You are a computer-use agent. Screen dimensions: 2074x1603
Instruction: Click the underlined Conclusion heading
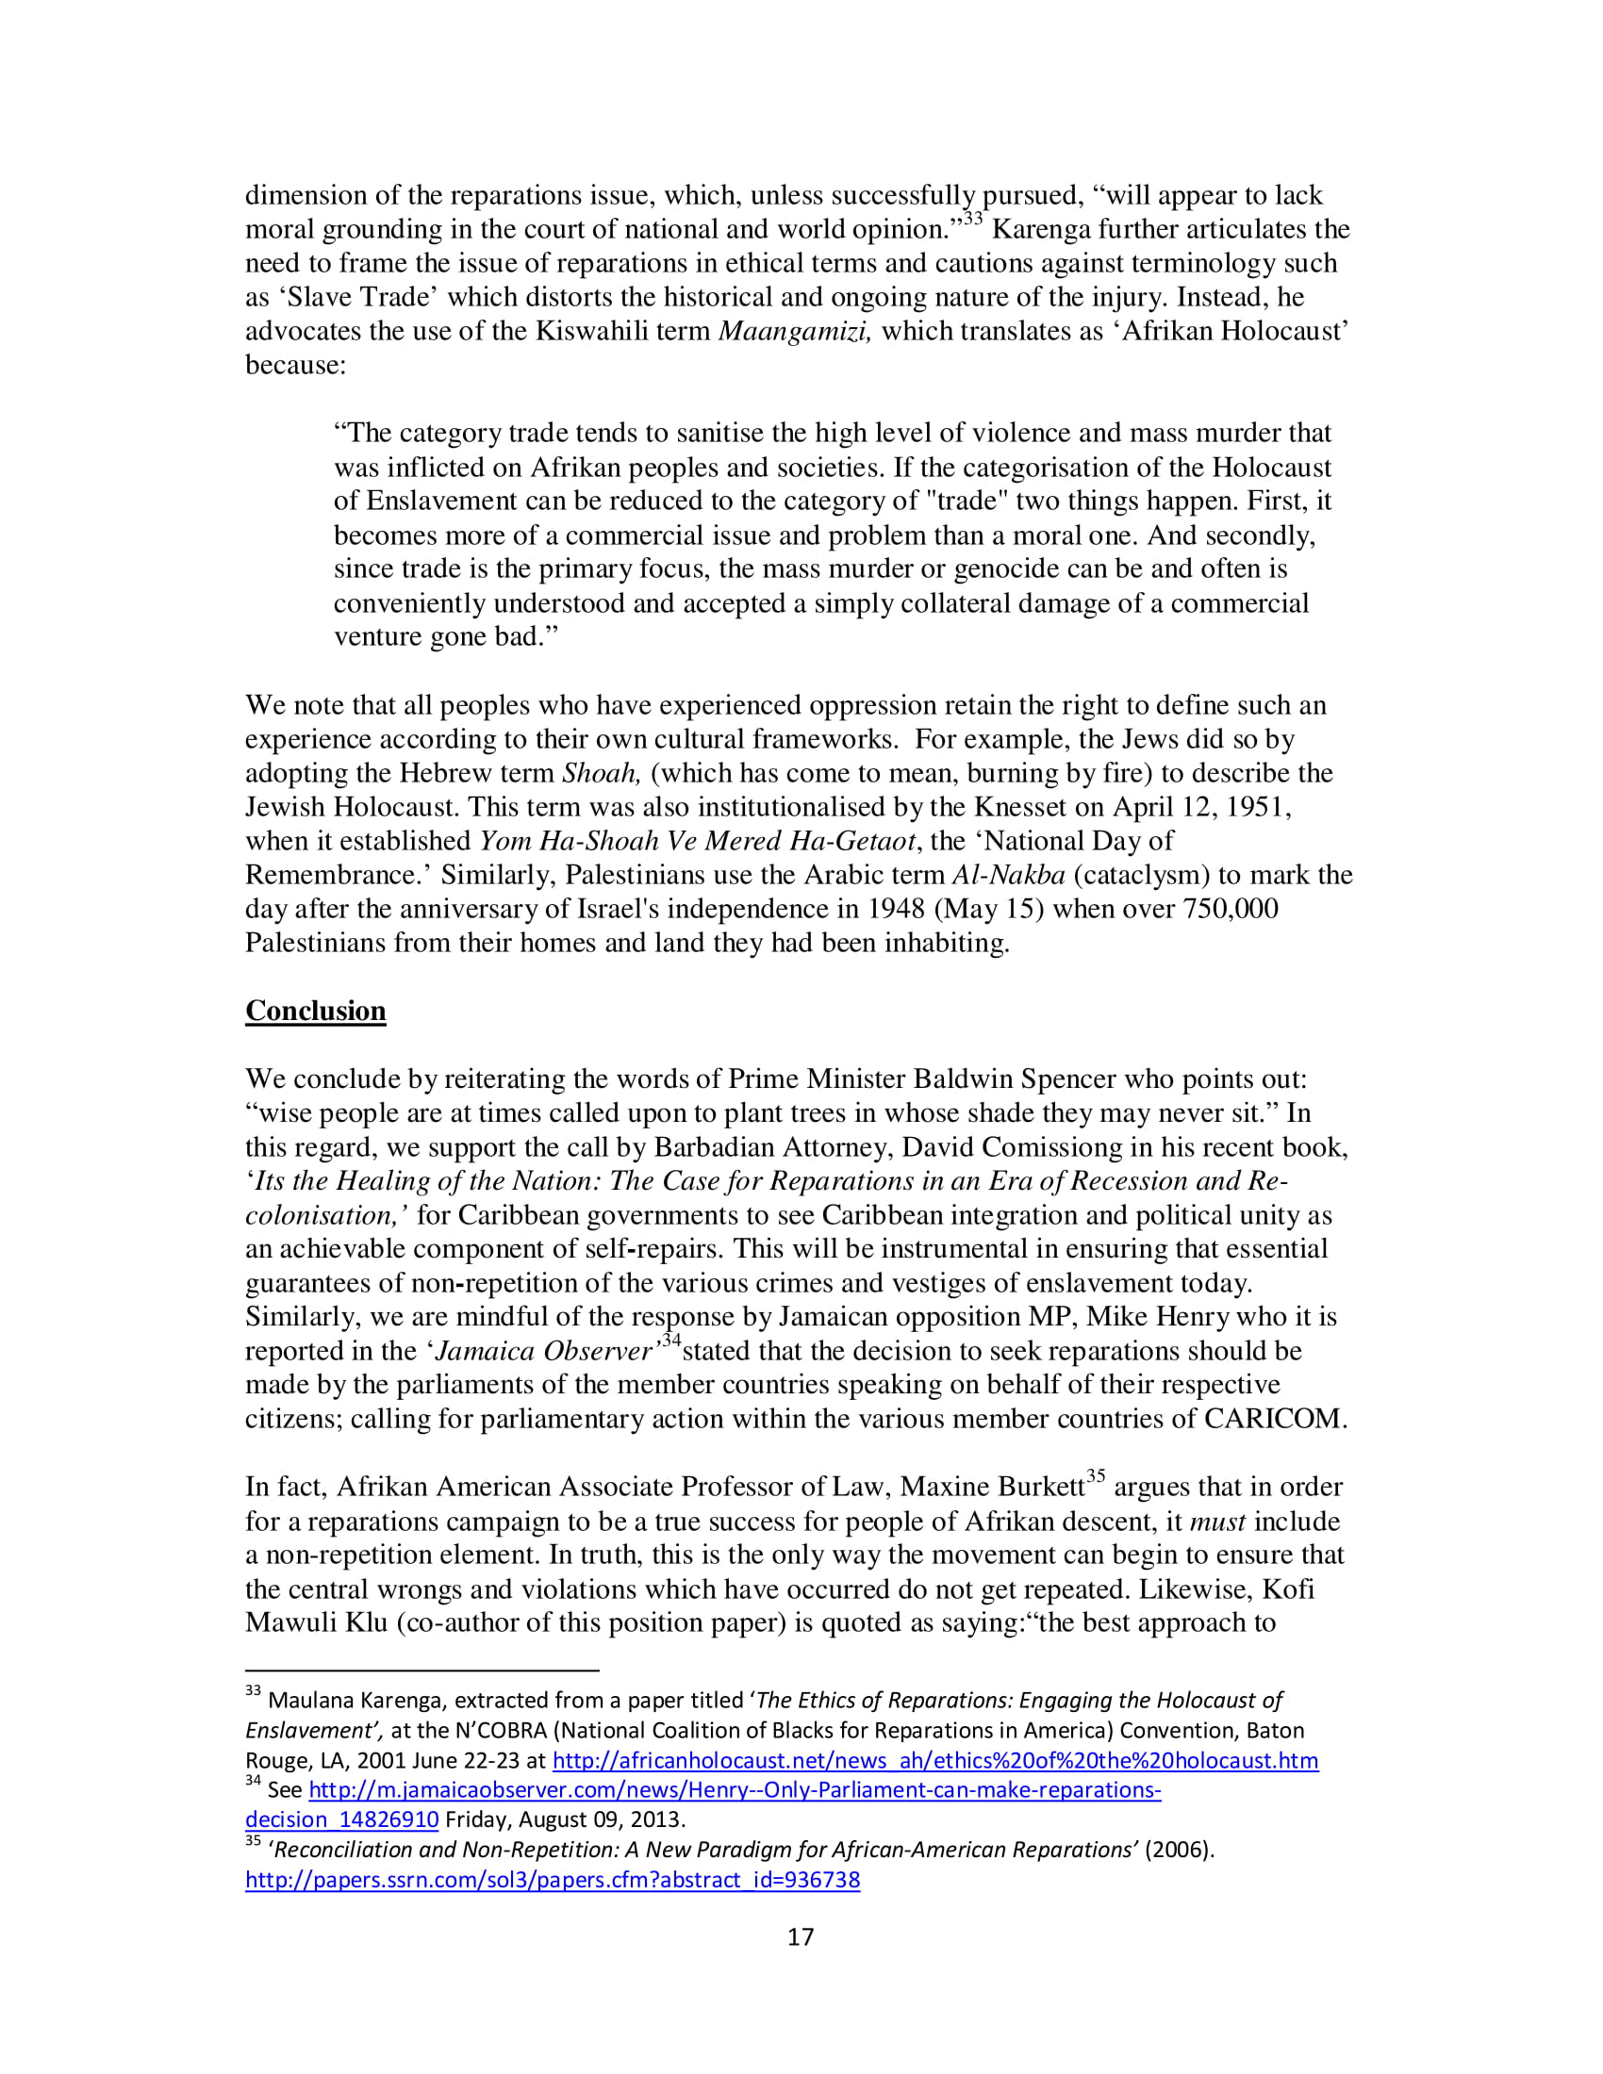[315, 1011]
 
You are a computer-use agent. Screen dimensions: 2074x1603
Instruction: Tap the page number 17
[801, 1936]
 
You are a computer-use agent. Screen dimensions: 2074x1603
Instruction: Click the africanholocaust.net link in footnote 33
[934, 1760]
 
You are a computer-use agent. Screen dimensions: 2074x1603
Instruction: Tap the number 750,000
[1230, 909]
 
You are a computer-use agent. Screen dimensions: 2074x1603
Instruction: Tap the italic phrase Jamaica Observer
[544, 1351]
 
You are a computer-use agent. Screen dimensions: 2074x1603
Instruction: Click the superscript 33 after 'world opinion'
[972, 220]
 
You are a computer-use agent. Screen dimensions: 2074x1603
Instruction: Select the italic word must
[1217, 1522]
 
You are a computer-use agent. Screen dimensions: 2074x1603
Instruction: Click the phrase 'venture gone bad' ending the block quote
[444, 636]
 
